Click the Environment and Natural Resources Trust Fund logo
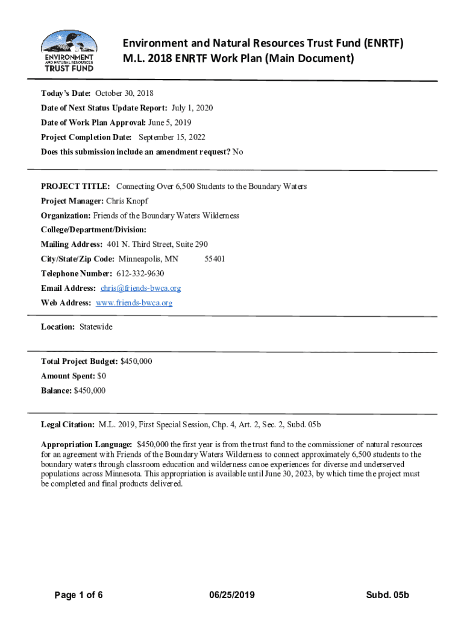(x=68, y=51)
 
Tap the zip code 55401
(x=215, y=260)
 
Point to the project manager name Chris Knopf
(x=127, y=201)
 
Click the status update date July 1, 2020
(x=192, y=108)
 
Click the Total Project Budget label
(x=80, y=362)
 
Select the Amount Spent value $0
(x=102, y=376)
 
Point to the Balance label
(x=56, y=391)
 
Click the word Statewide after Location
(x=96, y=327)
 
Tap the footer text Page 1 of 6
(x=78, y=596)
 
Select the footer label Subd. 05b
(x=387, y=596)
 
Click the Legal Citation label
(x=67, y=425)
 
